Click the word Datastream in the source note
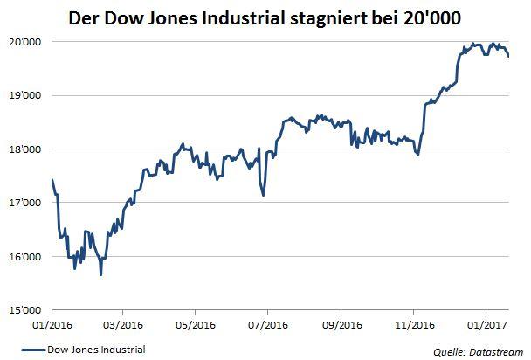[493, 351]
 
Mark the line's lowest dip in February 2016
[101, 275]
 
